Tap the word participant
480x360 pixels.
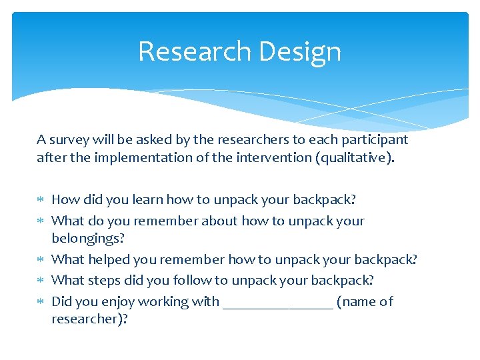coord(373,140)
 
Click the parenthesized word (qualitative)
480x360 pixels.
coord(353,158)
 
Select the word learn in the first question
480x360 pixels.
coord(147,199)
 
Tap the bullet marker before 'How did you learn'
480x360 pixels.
coord(41,200)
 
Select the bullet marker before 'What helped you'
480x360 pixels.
coord(41,260)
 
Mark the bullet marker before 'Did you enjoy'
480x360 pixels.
coord(41,302)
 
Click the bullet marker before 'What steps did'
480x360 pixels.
coord(41,281)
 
